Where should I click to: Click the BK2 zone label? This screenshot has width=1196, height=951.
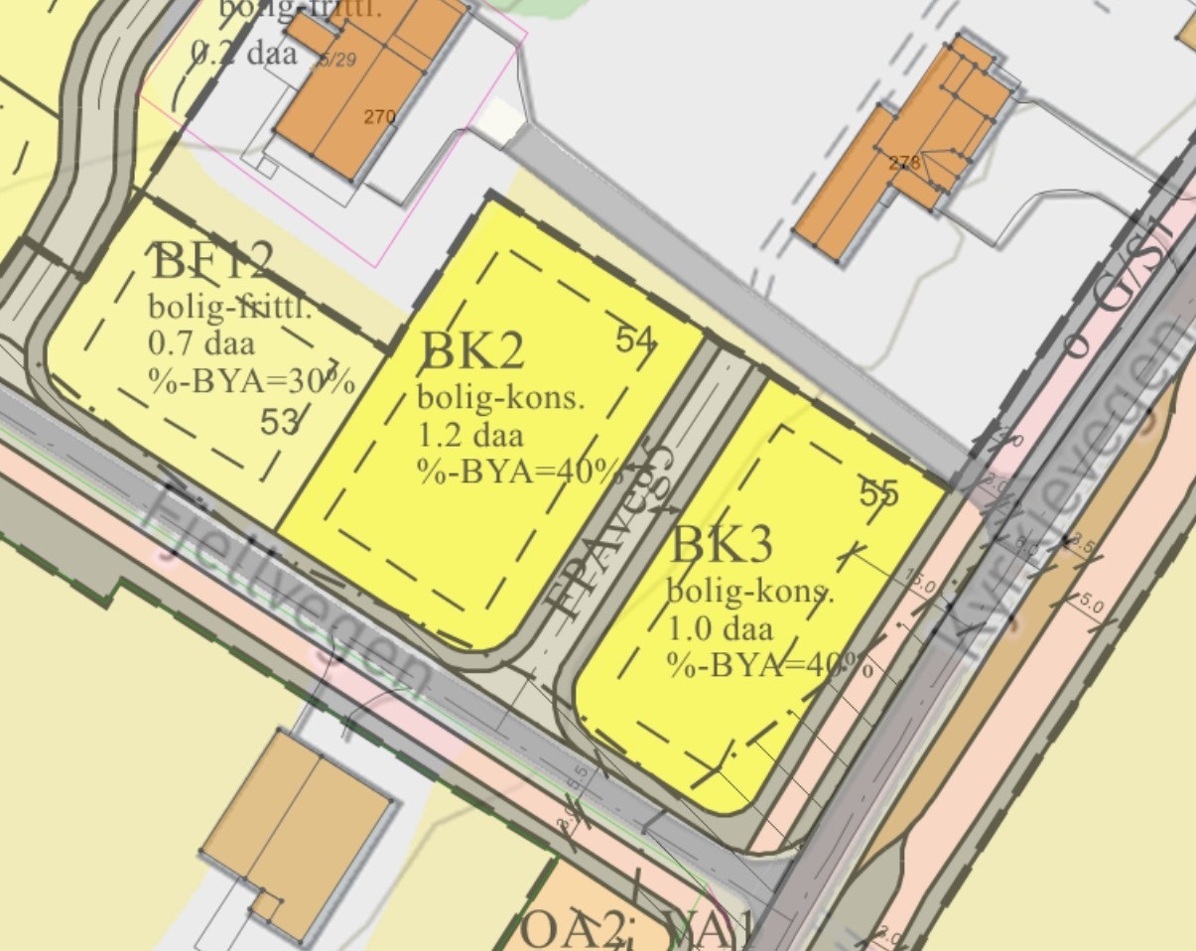(x=472, y=352)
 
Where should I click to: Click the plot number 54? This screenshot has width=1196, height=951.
(x=635, y=340)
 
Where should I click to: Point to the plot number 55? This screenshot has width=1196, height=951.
(x=878, y=491)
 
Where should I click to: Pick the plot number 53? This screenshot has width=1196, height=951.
(x=280, y=422)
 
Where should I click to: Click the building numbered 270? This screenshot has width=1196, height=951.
(x=379, y=117)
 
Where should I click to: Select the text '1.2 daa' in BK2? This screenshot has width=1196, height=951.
(x=470, y=434)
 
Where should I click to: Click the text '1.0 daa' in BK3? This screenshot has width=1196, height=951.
(x=720, y=628)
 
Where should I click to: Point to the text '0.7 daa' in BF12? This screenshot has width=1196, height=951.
(x=201, y=344)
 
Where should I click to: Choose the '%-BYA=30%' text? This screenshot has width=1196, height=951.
(x=251, y=380)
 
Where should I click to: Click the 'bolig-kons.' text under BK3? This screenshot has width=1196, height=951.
(x=749, y=593)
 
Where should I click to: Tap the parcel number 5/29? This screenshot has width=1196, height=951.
(x=336, y=60)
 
